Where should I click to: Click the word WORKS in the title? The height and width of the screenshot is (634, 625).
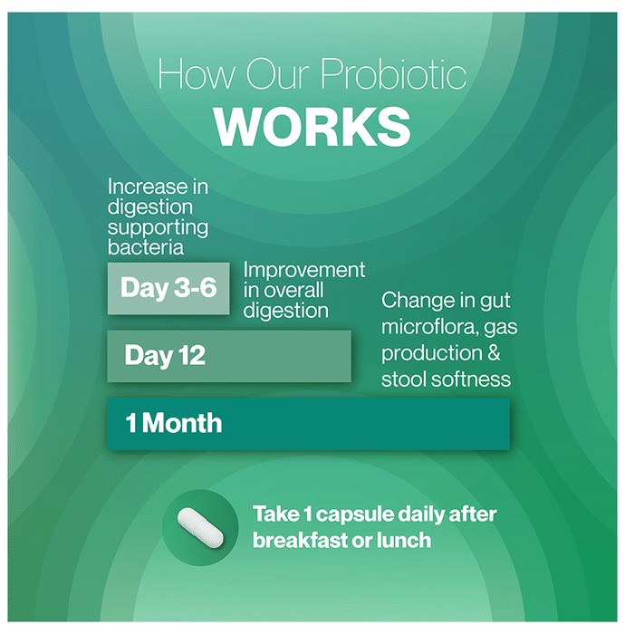click(x=312, y=127)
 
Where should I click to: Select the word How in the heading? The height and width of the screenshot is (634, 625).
click(x=196, y=74)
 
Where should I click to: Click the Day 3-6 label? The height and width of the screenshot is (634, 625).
click(x=168, y=287)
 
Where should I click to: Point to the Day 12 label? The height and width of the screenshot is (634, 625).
click(x=165, y=355)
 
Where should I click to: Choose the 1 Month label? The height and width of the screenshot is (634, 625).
click(x=174, y=423)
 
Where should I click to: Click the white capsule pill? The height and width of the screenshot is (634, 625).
click(x=200, y=528)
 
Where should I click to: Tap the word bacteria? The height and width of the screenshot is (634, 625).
click(x=146, y=247)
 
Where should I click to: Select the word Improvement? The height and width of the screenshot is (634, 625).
click(x=304, y=271)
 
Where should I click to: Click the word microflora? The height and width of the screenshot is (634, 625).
click(x=429, y=327)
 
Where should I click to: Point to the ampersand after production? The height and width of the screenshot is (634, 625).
click(x=494, y=353)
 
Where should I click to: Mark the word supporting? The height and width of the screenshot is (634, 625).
click(x=159, y=228)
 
